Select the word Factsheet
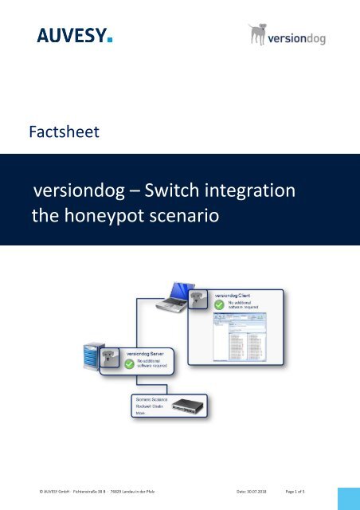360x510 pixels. click(63, 131)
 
